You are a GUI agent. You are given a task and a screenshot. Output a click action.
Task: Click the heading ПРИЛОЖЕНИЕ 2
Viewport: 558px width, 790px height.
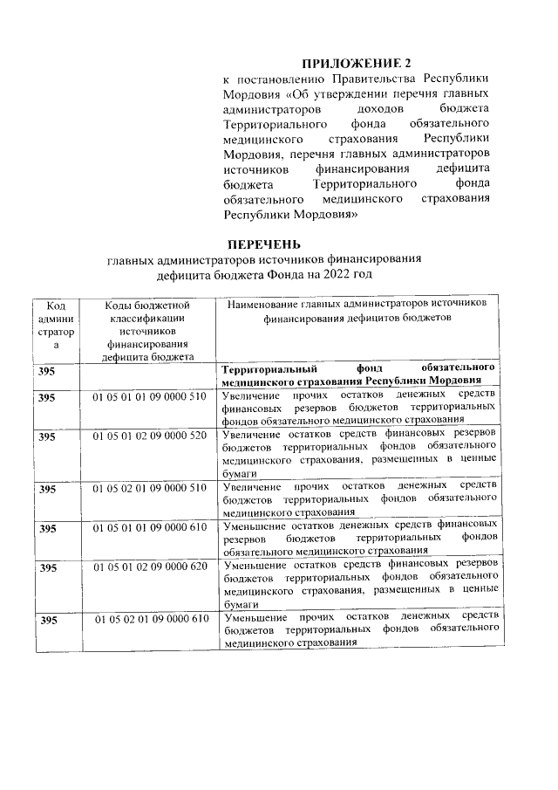(x=355, y=63)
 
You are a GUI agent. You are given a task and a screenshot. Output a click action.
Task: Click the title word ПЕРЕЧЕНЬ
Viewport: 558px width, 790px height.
(x=264, y=244)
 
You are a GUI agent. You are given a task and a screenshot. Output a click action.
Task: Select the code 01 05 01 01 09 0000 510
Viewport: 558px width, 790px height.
(x=148, y=397)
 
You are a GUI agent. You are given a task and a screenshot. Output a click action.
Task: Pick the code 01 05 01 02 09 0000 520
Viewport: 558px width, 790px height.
(x=148, y=435)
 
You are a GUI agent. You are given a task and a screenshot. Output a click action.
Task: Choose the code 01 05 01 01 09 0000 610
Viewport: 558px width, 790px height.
(x=148, y=527)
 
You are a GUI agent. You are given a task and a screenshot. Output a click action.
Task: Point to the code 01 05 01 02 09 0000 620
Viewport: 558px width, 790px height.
(x=148, y=567)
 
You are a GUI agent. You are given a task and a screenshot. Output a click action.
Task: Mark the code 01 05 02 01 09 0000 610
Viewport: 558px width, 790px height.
(x=148, y=619)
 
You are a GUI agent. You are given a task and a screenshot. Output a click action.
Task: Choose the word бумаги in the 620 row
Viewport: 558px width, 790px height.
(x=239, y=604)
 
